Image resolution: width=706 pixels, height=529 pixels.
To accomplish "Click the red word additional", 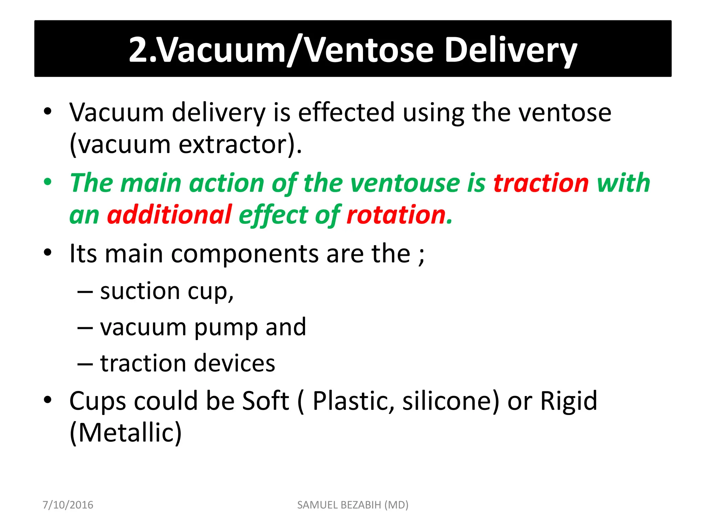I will (169, 215).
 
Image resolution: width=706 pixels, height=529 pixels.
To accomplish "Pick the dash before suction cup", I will (85, 292).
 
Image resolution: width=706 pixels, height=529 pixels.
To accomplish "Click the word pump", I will (225, 327).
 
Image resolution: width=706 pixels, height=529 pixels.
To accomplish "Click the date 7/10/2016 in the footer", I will (68, 505).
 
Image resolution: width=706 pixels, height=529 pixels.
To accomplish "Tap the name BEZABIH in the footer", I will (360, 505).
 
